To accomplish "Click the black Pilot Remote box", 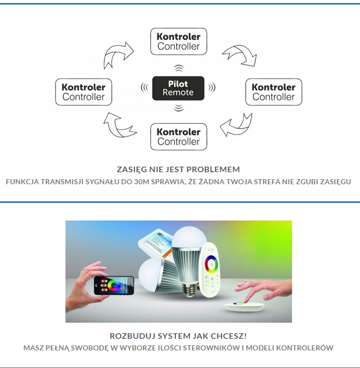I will pyautogui.click(x=178, y=88).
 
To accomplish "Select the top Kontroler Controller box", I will pyautogui.click(x=178, y=41).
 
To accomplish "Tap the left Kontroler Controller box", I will pyautogui.click(x=83, y=92).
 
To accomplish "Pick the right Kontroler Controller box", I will pyautogui.click(x=273, y=92).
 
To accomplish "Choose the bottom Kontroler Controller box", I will pyautogui.click(x=178, y=136).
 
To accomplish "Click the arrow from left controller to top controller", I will pyautogui.click(x=117, y=55).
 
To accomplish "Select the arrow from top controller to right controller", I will pyautogui.click(x=239, y=54).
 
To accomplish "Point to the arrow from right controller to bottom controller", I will pyautogui.click(x=237, y=125).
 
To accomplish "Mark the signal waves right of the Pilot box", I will pyautogui.click(x=212, y=88).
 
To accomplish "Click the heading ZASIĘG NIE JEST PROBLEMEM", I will pyautogui.click(x=178, y=169).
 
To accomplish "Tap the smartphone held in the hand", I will pyautogui.click(x=114, y=285).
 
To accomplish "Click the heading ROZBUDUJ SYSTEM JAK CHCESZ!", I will pyautogui.click(x=178, y=336).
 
